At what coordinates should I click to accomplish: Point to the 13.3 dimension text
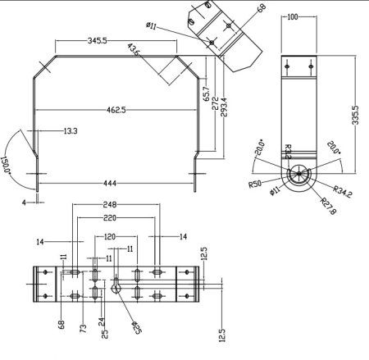(71, 130)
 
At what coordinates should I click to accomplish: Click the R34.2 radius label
(344, 194)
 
